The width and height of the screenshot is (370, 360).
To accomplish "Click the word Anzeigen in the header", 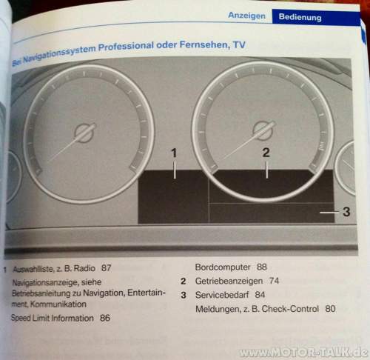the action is pyautogui.click(x=246, y=16).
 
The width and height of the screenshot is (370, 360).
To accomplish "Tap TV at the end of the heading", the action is pyautogui.click(x=239, y=45).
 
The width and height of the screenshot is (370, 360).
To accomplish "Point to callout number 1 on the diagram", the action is pyautogui.click(x=174, y=153).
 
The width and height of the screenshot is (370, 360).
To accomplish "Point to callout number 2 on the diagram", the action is pyautogui.click(x=266, y=153).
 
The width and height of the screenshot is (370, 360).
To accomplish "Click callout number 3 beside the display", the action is pyautogui.click(x=346, y=212).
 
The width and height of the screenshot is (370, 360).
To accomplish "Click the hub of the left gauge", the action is pyautogui.click(x=84, y=133).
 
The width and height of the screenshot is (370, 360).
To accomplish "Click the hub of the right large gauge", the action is pyautogui.click(x=263, y=130).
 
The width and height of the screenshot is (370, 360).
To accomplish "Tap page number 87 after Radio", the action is pyautogui.click(x=107, y=268).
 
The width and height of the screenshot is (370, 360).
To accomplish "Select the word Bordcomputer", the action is pyautogui.click(x=223, y=267).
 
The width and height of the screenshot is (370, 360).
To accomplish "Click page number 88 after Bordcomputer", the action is pyautogui.click(x=262, y=267).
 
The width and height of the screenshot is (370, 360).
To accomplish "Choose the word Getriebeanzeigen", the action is pyautogui.click(x=229, y=281).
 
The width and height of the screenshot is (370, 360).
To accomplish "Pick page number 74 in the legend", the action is pyautogui.click(x=274, y=281).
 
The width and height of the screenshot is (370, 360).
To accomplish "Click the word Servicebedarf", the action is pyautogui.click(x=222, y=295).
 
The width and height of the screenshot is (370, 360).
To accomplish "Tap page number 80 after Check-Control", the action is pyautogui.click(x=330, y=309).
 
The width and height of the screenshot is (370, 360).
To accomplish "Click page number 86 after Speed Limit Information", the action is pyautogui.click(x=105, y=318).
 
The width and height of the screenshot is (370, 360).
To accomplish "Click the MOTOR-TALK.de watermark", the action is pyautogui.click(x=303, y=352).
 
